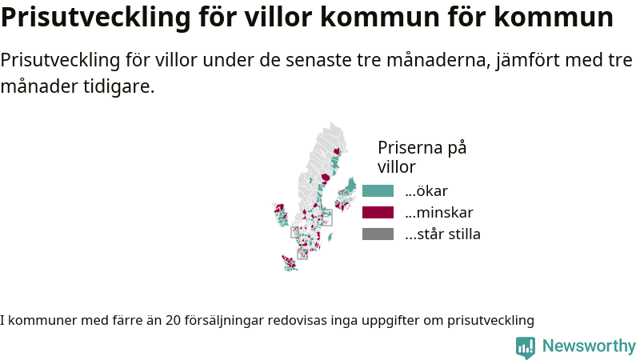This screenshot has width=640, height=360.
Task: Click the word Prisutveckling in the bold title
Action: (x=95, y=17)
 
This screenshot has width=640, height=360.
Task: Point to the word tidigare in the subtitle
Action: (x=118, y=86)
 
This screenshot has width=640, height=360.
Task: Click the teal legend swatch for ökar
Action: (x=378, y=191)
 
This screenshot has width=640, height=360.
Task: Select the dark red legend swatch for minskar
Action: (x=378, y=213)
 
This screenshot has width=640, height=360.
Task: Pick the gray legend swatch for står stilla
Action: (x=378, y=234)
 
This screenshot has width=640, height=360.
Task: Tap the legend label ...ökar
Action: (x=426, y=191)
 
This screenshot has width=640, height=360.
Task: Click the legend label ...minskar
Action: (x=439, y=213)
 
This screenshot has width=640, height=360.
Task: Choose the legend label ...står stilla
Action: (x=443, y=234)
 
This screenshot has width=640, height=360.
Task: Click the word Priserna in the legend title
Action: (x=410, y=147)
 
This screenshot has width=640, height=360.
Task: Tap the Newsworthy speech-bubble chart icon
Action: (x=526, y=348)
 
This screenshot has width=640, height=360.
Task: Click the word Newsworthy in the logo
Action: (x=589, y=346)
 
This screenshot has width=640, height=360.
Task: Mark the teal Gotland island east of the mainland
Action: (x=330, y=237)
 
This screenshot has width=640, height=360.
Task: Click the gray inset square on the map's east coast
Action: (x=326, y=217)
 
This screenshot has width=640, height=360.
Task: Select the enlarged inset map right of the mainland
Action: (x=346, y=194)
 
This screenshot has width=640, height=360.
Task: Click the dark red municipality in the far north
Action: (x=337, y=151)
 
